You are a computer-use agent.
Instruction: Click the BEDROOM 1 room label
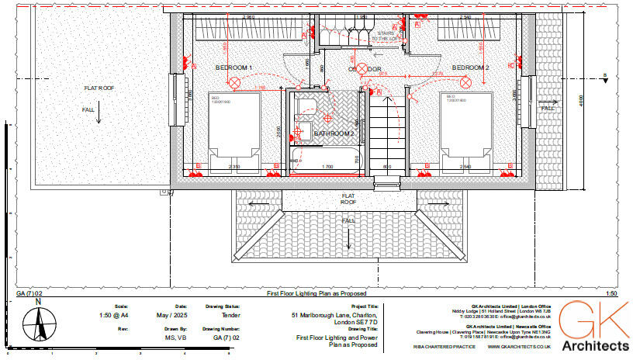[233, 68]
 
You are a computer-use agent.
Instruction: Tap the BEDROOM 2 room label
[470, 68]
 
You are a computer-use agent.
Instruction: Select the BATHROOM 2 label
[334, 133]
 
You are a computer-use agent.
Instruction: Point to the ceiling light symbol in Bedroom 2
[466, 81]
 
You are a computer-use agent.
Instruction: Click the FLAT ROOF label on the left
[99, 88]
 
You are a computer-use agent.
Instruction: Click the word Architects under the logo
[595, 345]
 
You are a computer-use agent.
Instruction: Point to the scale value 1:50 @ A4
[116, 316]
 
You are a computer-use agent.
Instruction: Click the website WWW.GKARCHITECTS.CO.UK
[519, 348]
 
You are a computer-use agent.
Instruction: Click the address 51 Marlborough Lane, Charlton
[334, 316]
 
